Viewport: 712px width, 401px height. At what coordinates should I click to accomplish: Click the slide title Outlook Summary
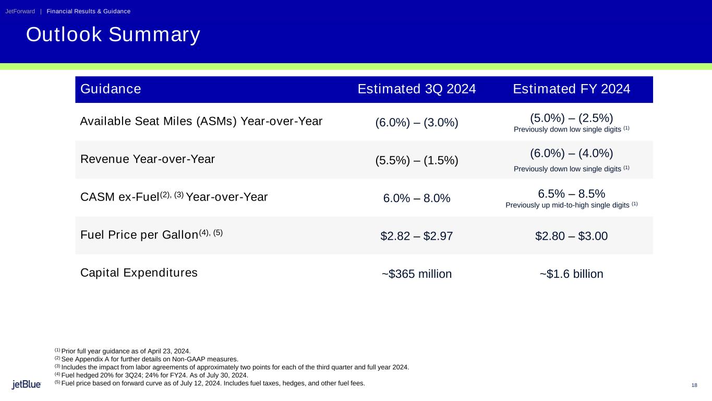113,34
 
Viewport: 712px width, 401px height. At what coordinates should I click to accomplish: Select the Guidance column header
111,89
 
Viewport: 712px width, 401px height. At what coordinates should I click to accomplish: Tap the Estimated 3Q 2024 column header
417,89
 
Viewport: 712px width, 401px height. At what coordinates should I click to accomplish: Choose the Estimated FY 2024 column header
572,89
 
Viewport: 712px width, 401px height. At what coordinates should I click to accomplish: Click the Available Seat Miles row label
201,122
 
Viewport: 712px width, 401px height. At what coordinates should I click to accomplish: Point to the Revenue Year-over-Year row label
148,159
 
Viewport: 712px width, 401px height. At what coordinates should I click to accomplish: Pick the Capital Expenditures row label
139,273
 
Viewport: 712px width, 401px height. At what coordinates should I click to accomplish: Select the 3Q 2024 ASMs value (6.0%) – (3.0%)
417,123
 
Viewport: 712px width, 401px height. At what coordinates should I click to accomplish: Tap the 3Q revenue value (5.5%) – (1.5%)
417,160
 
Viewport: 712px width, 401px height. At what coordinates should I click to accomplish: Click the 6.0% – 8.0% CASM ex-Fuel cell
417,198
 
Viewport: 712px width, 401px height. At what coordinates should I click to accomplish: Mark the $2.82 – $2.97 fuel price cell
417,236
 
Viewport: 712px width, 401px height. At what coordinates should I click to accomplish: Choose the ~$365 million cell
417,274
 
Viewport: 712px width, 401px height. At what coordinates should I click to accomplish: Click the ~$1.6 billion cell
571,274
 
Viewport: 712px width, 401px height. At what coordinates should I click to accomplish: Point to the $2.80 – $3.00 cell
571,236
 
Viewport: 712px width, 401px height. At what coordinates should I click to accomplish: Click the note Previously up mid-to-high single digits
571,205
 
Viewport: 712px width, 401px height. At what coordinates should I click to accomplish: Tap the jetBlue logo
27,385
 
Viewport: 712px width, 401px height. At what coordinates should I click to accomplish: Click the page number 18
694,385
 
